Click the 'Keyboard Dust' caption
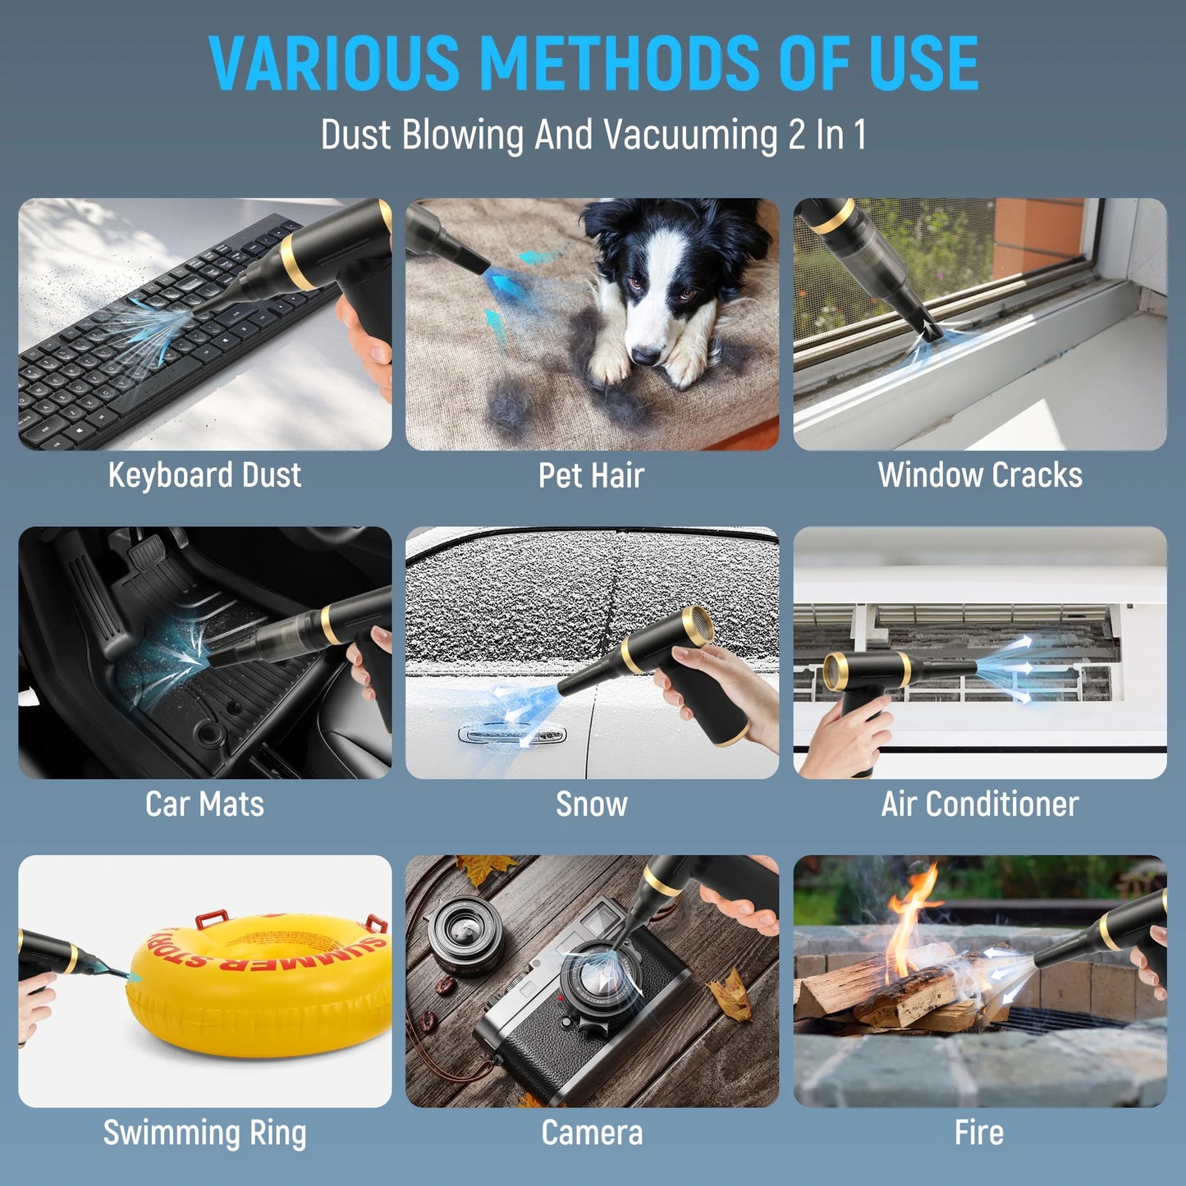[x=204, y=475]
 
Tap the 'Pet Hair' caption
[x=591, y=475]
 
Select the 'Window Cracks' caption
[x=980, y=475]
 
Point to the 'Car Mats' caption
[x=204, y=804]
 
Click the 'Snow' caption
[x=591, y=804]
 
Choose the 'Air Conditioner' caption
[x=980, y=804]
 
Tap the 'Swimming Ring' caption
[x=204, y=1133]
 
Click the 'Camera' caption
[x=591, y=1133]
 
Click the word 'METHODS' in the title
[x=620, y=63]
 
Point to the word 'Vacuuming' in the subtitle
[x=690, y=135]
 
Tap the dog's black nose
[x=645, y=355]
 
